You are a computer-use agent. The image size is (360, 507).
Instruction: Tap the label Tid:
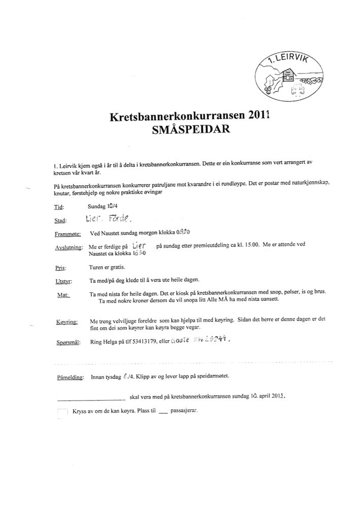click(59, 207)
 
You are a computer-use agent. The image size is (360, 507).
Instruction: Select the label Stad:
click(60, 221)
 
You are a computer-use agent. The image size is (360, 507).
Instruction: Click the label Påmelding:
click(70, 378)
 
